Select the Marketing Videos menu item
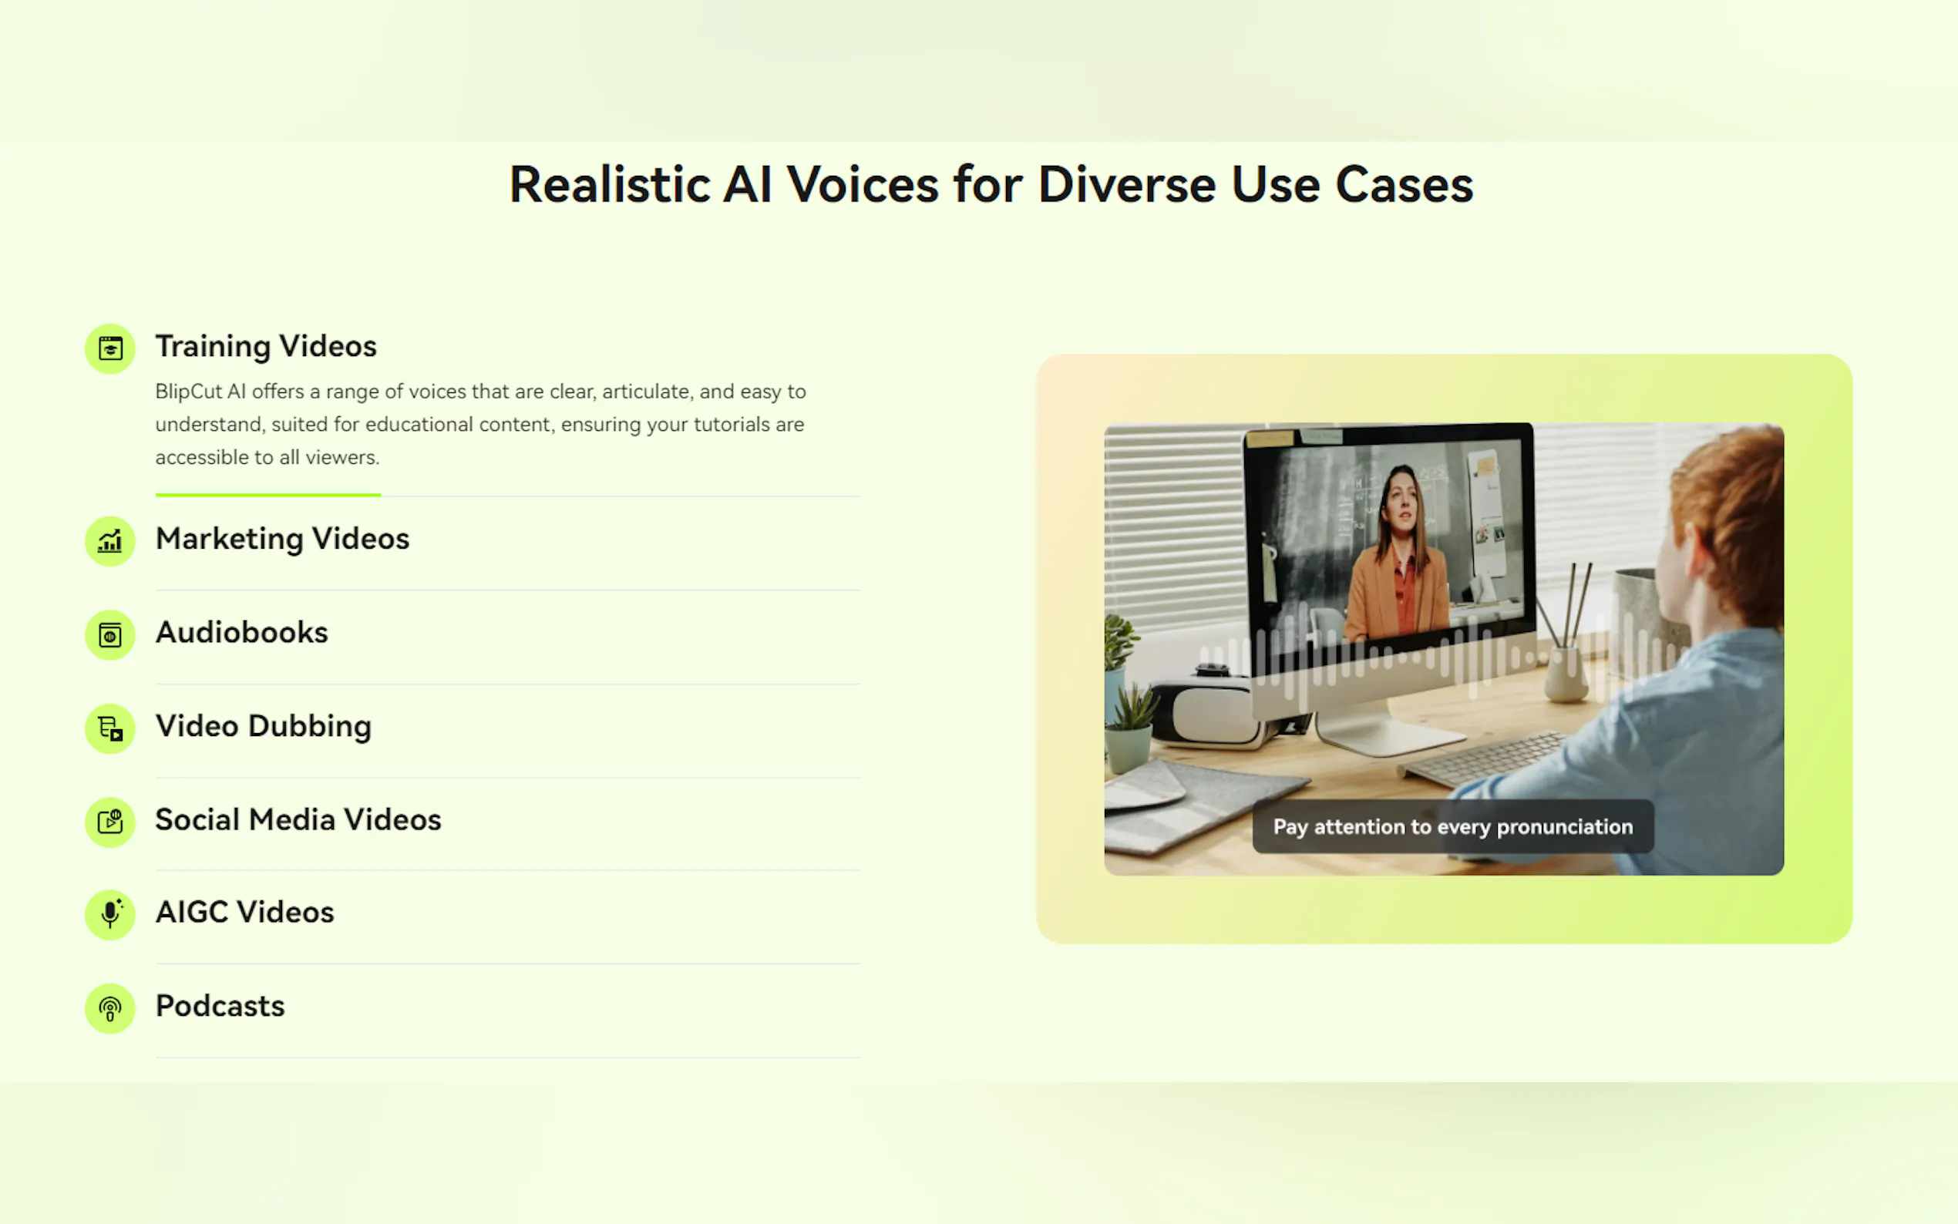[x=282, y=539]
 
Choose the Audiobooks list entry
[x=242, y=632]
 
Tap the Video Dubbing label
[x=263, y=727]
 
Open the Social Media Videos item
[x=298, y=819]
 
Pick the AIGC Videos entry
[x=244, y=913]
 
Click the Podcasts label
[x=220, y=1006]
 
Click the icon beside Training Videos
[x=110, y=349]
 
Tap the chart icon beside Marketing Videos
[x=110, y=542]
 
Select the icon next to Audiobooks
[x=110, y=635]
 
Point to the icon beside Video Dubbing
[x=110, y=728]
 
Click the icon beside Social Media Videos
[x=110, y=822]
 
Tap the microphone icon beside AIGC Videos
[x=110, y=915]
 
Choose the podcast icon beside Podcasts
[x=110, y=1009]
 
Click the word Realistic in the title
[x=610, y=184]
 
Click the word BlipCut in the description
[x=189, y=392]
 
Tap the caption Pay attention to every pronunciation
[x=1453, y=826]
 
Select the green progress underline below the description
[x=268, y=495]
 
